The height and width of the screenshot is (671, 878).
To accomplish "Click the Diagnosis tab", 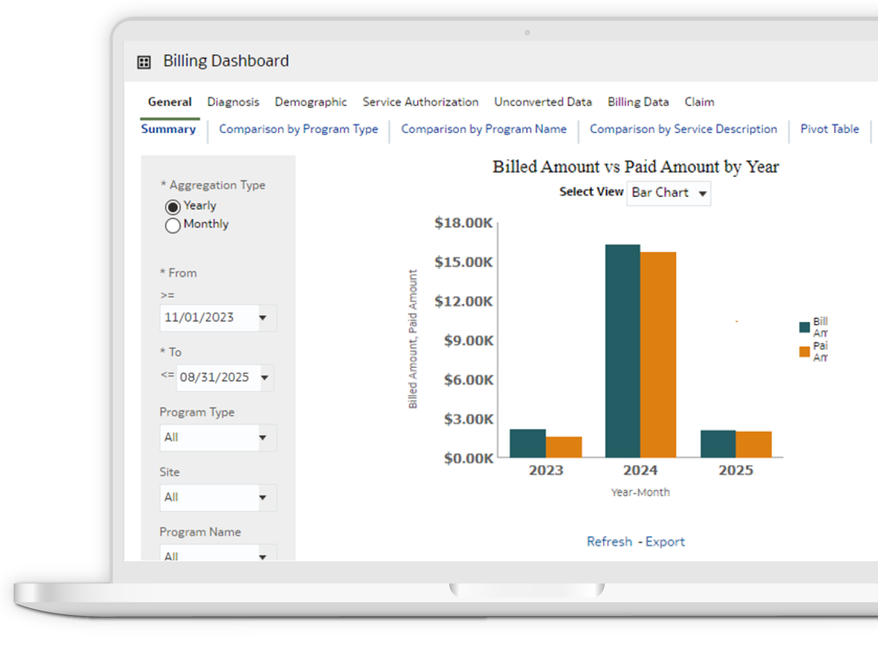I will (x=233, y=102).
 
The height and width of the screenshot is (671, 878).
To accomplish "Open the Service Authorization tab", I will (x=420, y=102).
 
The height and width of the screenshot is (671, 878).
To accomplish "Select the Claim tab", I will (x=699, y=102).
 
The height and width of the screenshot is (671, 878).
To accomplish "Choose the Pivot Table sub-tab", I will (x=829, y=129).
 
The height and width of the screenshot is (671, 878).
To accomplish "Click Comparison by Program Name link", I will (x=484, y=129).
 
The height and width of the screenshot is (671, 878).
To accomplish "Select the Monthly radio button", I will (x=173, y=226).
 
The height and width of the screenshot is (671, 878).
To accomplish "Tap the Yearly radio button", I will (x=173, y=207).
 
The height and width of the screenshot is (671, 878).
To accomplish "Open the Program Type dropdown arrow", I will (x=263, y=437).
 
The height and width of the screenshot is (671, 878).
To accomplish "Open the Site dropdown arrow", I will (x=263, y=497).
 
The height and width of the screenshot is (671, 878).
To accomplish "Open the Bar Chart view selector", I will (x=668, y=193).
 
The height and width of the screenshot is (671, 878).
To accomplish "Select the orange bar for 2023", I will (x=564, y=447).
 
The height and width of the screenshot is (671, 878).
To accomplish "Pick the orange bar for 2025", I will (x=754, y=445).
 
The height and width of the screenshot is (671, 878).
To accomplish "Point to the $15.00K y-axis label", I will (x=463, y=262).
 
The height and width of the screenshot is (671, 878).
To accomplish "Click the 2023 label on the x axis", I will (x=546, y=470).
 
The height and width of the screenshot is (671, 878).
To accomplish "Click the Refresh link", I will (x=609, y=542).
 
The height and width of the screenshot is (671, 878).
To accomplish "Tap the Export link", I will (x=665, y=542).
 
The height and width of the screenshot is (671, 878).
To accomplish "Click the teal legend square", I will (x=804, y=327).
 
